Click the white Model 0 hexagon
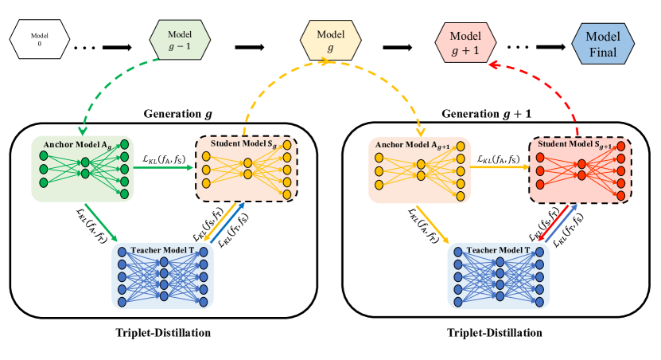(39, 38)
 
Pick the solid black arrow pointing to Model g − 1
(118, 46)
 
